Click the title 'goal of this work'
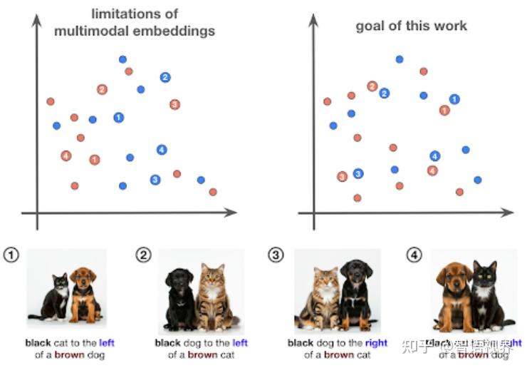[x=412, y=26]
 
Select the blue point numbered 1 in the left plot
[x=119, y=117]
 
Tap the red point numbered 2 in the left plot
[x=102, y=89]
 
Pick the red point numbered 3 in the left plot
[x=174, y=104]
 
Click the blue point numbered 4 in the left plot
[x=162, y=149]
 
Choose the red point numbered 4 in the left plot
[x=66, y=155]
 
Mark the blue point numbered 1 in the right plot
[x=454, y=99]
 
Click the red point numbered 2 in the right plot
[x=372, y=86]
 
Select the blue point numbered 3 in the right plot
[x=358, y=173]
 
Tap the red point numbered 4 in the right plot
[x=432, y=170]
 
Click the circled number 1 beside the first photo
[x=11, y=255]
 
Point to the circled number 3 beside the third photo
[x=275, y=255]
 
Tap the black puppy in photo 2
[x=179, y=295]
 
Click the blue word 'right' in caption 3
[x=376, y=343]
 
